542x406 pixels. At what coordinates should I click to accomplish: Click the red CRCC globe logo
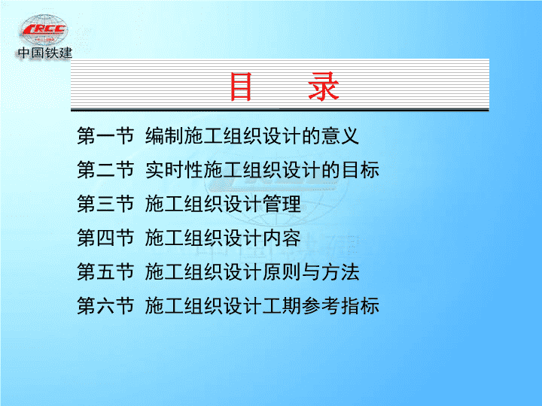[44, 29]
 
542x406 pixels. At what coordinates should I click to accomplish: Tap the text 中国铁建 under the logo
[45, 53]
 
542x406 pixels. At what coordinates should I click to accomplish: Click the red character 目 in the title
[241, 86]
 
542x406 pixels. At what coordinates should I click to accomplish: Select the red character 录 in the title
[324, 86]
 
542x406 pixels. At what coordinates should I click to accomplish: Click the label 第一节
[105, 135]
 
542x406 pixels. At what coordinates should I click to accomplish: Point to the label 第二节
[105, 170]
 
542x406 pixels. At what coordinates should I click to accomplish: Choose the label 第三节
[105, 204]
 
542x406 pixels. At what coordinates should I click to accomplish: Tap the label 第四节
[105, 238]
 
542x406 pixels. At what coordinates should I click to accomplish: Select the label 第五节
[105, 271]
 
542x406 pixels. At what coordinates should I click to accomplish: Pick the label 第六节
[105, 305]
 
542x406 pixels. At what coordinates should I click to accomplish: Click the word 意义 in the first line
[340, 135]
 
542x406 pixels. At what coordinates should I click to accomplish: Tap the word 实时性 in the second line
[174, 170]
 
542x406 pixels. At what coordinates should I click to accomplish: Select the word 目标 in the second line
[360, 170]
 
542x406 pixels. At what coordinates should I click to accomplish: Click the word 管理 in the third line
[282, 204]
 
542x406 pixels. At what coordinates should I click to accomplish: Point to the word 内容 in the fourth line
[282, 238]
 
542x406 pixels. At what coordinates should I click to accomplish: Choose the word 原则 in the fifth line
[282, 271]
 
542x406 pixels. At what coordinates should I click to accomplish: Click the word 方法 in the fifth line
[340, 271]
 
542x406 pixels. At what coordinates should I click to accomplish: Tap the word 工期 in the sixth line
[282, 305]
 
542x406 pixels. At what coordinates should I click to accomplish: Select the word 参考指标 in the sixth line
[340, 305]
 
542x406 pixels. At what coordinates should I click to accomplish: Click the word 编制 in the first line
[164, 135]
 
